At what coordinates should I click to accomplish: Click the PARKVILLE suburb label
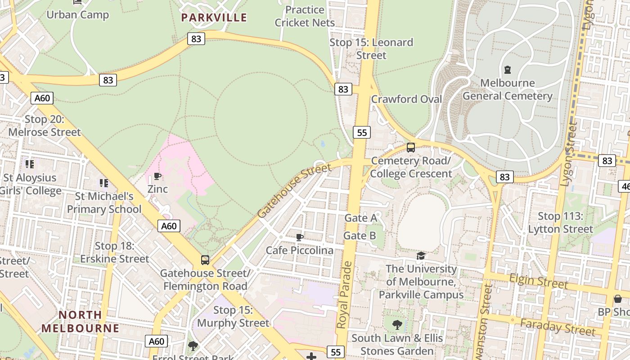[x=214, y=18]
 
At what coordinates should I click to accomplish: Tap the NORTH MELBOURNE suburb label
[x=80, y=321]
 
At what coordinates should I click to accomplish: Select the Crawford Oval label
[x=406, y=99]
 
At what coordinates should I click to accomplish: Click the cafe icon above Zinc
[x=157, y=176]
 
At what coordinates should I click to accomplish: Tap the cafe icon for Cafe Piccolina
[x=300, y=237]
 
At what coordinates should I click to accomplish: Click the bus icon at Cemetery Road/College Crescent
[x=410, y=147]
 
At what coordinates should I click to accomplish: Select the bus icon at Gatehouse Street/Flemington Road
[x=205, y=260]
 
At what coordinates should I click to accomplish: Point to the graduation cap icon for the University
[x=421, y=256]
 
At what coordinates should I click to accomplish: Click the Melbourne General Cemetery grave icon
[x=508, y=70]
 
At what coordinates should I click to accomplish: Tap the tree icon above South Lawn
[x=397, y=324]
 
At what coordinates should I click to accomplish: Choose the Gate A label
[x=360, y=218]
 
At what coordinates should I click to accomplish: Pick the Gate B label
[x=360, y=235]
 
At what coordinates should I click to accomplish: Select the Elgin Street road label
[x=538, y=281]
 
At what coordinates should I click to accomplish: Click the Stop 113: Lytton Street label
[x=560, y=223]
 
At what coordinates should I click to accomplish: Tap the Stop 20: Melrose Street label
[x=45, y=126]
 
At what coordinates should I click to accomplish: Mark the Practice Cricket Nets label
[x=305, y=16]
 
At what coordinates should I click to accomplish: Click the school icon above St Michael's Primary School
[x=104, y=183]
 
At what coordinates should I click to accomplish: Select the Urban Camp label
[x=78, y=14]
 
